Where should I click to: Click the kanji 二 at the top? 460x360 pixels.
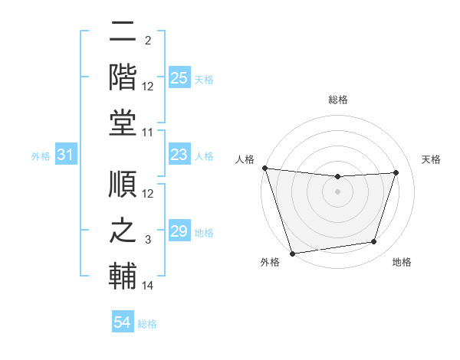pyautogui.click(x=123, y=33)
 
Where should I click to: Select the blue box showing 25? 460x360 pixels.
pyautogui.click(x=179, y=78)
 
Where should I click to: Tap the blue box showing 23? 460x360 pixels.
pyautogui.click(x=179, y=155)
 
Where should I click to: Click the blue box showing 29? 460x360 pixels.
pyautogui.click(x=179, y=231)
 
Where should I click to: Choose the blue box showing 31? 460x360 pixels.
pyautogui.click(x=66, y=155)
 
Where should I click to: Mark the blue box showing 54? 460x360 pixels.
pyautogui.click(x=123, y=322)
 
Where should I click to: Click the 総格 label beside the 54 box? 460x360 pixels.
pyautogui.click(x=147, y=324)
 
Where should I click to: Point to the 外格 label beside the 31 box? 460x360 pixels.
pyautogui.click(x=41, y=156)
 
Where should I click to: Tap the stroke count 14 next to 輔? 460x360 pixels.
pyautogui.click(x=148, y=286)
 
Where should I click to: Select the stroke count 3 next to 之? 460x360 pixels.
pyautogui.click(x=148, y=240)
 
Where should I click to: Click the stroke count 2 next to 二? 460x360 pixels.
pyautogui.click(x=148, y=41)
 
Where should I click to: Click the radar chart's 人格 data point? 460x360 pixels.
pyautogui.click(x=264, y=168)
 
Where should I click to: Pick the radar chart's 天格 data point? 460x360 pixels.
pyautogui.click(x=396, y=172)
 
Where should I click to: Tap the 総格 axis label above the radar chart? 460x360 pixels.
pyautogui.click(x=337, y=100)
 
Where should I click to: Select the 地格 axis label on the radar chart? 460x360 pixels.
pyautogui.click(x=402, y=262)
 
